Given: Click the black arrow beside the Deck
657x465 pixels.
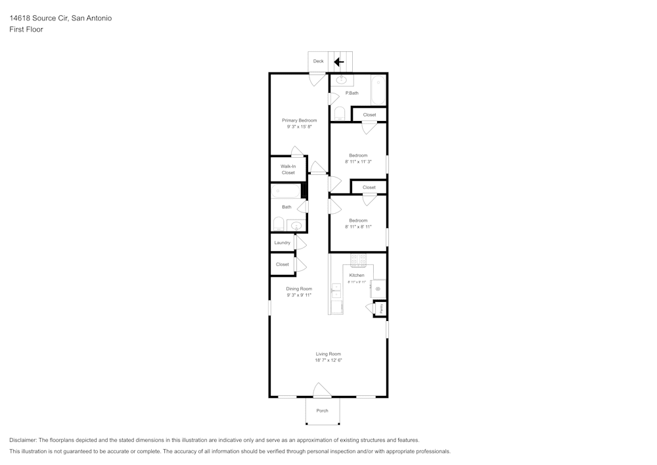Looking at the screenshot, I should point(339,62).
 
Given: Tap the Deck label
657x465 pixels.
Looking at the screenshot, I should point(318,61).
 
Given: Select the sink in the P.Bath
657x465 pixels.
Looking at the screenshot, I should point(341,81).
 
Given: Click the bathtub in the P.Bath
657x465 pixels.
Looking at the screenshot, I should point(378,91).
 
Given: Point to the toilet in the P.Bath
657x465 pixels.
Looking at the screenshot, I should point(339,114).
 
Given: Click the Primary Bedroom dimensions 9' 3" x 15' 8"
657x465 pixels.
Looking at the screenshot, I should point(299,127).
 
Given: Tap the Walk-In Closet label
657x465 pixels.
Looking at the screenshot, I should point(288,170).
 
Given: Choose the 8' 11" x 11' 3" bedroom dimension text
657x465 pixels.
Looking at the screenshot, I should point(358,162).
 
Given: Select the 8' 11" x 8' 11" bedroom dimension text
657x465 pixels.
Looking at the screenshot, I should point(358,227).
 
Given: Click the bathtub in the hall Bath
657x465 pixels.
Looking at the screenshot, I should point(286,191).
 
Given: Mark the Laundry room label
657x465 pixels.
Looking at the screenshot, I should point(283,243).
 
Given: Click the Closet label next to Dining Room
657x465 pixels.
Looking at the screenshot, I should point(283,264).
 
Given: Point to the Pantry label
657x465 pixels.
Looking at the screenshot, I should point(381,308).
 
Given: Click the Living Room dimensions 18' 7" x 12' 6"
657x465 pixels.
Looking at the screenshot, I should point(328,360).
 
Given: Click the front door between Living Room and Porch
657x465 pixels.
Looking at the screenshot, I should point(322,392).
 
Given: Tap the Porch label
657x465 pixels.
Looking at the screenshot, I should point(322,411).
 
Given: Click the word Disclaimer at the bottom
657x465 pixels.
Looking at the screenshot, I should point(23,440).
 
